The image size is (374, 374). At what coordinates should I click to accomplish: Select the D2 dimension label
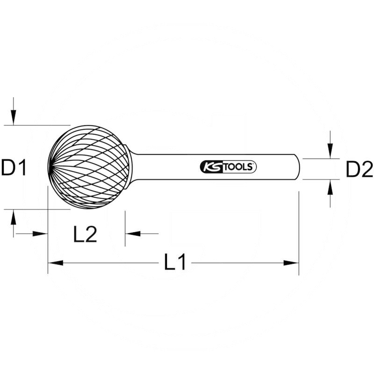point(360,169)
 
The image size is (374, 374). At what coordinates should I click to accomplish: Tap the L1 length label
point(175,263)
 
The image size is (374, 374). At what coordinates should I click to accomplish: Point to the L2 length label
point(85,234)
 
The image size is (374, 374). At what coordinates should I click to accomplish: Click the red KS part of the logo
point(209,167)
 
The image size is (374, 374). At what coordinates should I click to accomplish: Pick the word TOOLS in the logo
point(239,167)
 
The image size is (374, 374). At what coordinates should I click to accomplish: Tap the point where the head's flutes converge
point(50,167)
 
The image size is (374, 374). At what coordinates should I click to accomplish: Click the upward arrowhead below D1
point(14,216)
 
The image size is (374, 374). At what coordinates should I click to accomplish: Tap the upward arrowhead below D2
point(331,186)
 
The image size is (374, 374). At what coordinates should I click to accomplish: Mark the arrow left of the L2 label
point(40,233)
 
